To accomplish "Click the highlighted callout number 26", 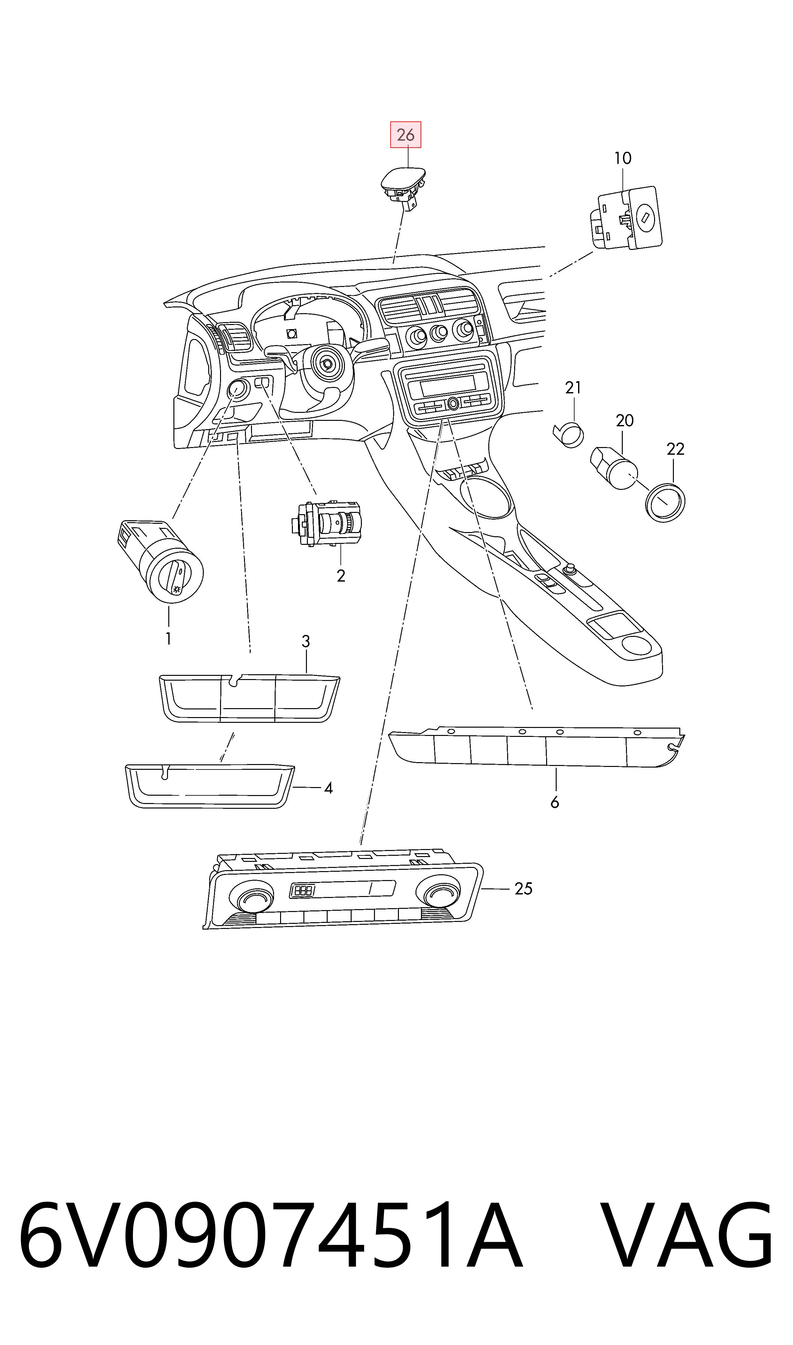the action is (406, 135).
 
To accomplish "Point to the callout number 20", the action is (625, 421).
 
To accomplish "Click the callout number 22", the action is (675, 449).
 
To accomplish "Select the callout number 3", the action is (306, 641).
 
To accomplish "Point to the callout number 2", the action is (341, 576).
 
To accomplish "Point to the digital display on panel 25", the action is (342, 890).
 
